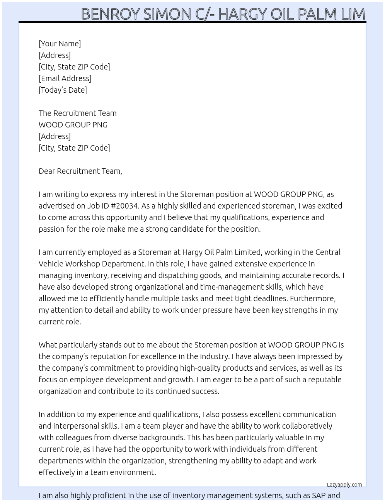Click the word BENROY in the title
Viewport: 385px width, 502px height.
[x=110, y=14]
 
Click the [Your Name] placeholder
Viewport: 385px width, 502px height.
[x=60, y=44]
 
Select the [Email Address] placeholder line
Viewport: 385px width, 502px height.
[x=65, y=78]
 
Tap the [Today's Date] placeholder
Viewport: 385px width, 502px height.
[x=63, y=90]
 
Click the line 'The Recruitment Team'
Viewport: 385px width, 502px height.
[x=77, y=113]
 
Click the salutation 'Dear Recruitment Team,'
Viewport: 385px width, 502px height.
[x=80, y=171]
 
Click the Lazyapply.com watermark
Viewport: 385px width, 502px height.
[x=344, y=485]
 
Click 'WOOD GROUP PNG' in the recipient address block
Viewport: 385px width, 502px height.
[x=73, y=125]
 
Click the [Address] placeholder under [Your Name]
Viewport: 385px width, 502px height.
[x=55, y=55]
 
